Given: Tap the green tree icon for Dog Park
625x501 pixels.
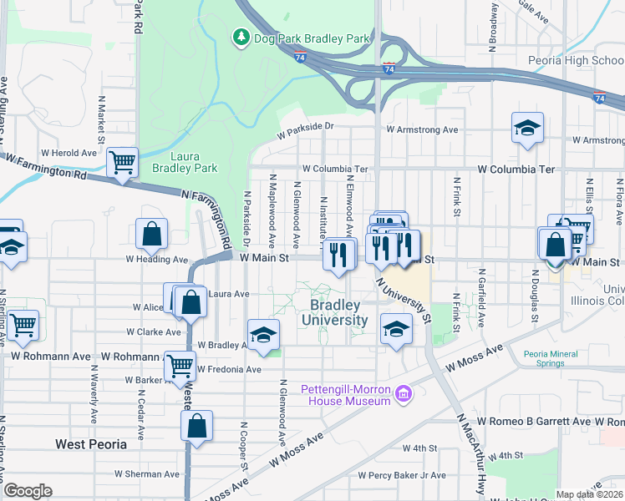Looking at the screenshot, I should (241, 38).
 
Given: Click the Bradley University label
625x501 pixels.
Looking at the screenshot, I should (334, 312).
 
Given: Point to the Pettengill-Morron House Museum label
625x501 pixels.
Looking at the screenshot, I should (346, 394).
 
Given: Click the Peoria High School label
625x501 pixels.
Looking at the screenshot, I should (576, 60).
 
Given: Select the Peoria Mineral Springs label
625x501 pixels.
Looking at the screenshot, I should (551, 359).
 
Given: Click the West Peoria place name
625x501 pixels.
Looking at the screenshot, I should (91, 444).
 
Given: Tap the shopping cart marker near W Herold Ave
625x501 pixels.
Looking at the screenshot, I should (122, 162).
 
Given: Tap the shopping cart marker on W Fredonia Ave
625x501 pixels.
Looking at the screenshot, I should (180, 365).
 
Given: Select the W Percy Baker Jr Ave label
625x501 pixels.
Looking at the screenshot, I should (402, 475).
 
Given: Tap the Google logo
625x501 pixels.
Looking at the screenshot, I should (28, 491).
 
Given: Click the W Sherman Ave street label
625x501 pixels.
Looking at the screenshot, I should (147, 473).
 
